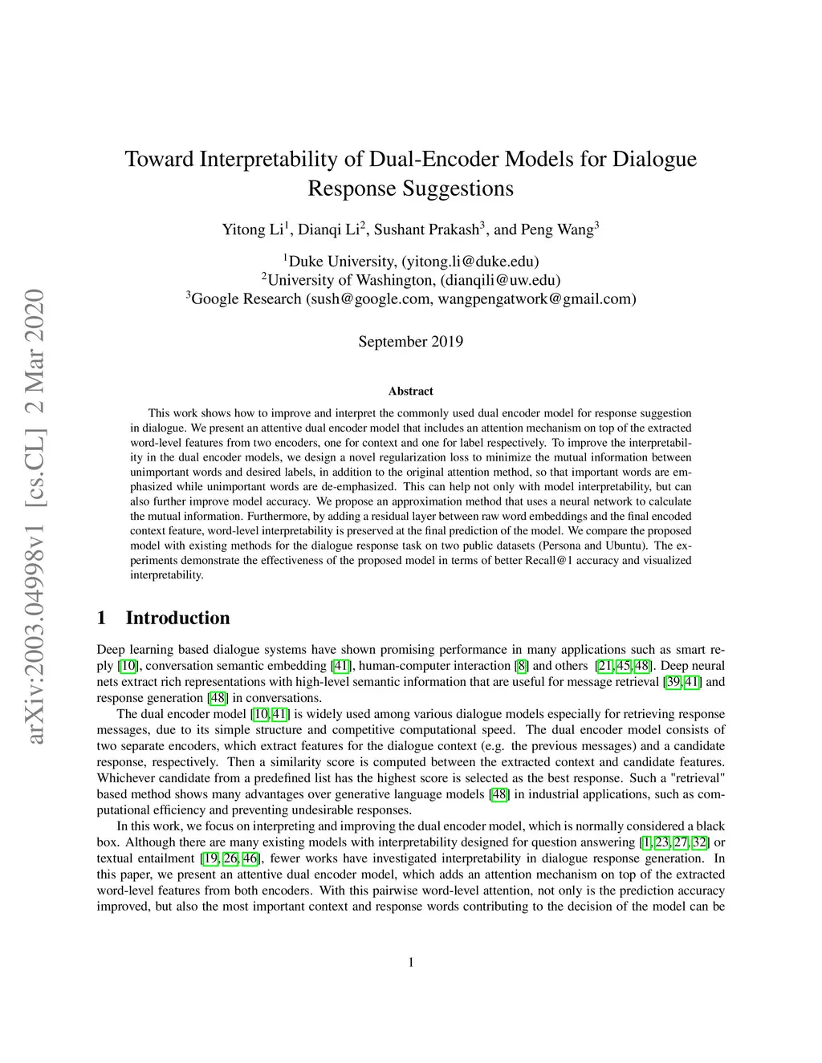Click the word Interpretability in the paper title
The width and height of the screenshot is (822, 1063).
click(269, 158)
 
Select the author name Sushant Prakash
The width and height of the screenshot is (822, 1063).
click(426, 229)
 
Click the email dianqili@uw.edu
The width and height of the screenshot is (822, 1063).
click(500, 280)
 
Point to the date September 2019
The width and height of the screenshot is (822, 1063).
click(410, 341)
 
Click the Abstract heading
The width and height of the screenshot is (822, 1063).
click(410, 392)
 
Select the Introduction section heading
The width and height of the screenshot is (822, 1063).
click(177, 618)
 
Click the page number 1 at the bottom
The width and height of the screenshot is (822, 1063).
click(411, 962)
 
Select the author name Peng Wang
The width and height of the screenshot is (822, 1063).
click(555, 229)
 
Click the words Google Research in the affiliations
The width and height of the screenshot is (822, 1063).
click(247, 298)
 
